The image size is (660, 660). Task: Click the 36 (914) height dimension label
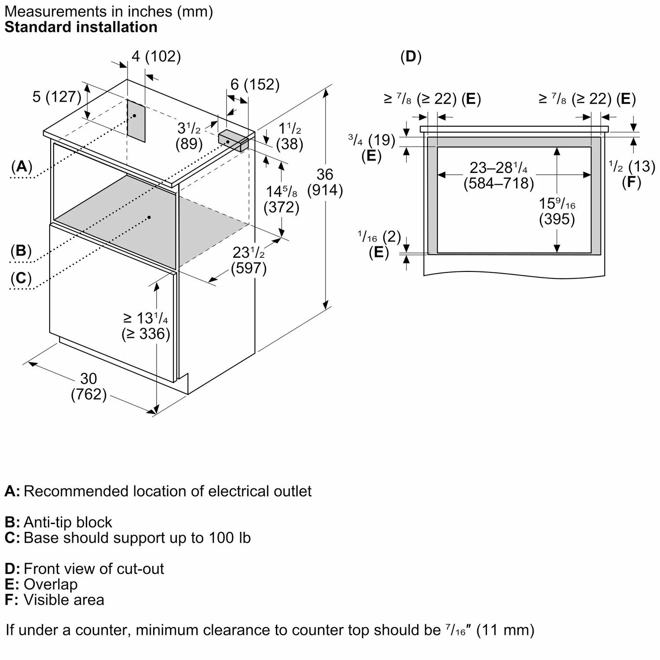pyautogui.click(x=325, y=182)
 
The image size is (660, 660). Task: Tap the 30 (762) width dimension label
pyautogui.click(x=89, y=386)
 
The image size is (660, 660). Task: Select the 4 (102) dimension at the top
pyautogui.click(x=156, y=56)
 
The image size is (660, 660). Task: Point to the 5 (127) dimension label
pyautogui.click(x=57, y=97)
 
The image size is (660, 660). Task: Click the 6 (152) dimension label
pyautogui.click(x=255, y=84)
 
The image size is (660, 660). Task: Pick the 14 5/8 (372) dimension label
pyautogui.click(x=282, y=199)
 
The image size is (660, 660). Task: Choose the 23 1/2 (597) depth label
pyautogui.click(x=249, y=260)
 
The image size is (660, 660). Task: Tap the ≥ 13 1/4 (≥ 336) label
pyautogui.click(x=146, y=326)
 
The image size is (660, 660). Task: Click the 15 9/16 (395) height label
pyautogui.click(x=557, y=211)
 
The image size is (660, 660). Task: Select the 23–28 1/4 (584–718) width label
pyautogui.click(x=499, y=175)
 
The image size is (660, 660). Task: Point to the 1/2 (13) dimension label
pyautogui.click(x=632, y=166)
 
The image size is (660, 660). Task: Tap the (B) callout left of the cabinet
pyautogui.click(x=21, y=250)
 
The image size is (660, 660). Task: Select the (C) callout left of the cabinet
pyautogui.click(x=21, y=278)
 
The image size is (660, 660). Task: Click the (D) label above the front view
pyautogui.click(x=411, y=56)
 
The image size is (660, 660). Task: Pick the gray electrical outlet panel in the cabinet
pyautogui.click(x=136, y=119)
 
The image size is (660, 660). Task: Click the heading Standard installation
pyautogui.click(x=81, y=27)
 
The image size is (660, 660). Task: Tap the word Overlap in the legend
pyautogui.click(x=51, y=584)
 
